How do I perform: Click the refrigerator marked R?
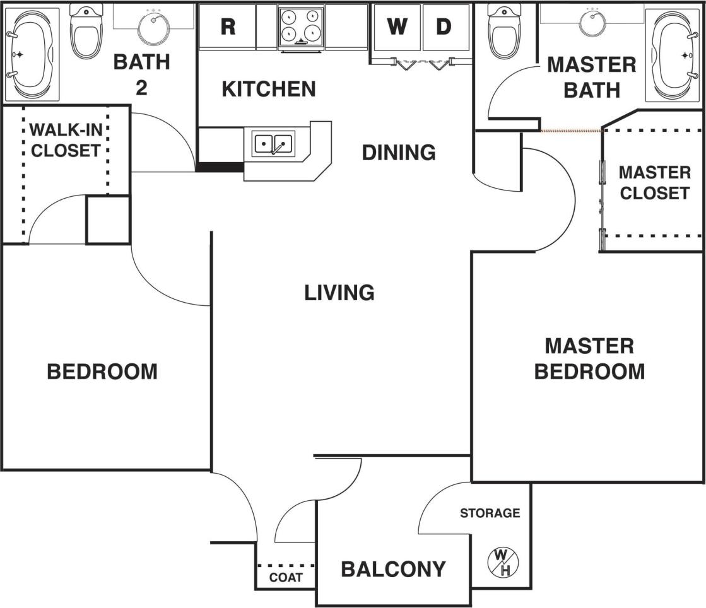[227, 27]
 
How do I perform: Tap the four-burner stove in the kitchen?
[300, 26]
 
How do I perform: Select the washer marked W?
[397, 27]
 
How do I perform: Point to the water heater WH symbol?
[502, 562]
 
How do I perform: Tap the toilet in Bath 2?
[86, 31]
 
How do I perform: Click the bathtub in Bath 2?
[30, 54]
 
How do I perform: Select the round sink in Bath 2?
[153, 26]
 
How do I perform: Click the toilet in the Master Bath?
[505, 30]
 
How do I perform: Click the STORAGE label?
[490, 513]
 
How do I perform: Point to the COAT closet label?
[286, 578]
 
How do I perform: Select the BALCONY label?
[393, 569]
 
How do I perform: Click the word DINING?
[398, 152]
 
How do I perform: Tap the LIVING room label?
[339, 293]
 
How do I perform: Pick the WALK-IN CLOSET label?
[65, 141]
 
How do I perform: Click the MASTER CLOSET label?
[654, 182]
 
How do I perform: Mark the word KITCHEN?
[269, 89]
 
